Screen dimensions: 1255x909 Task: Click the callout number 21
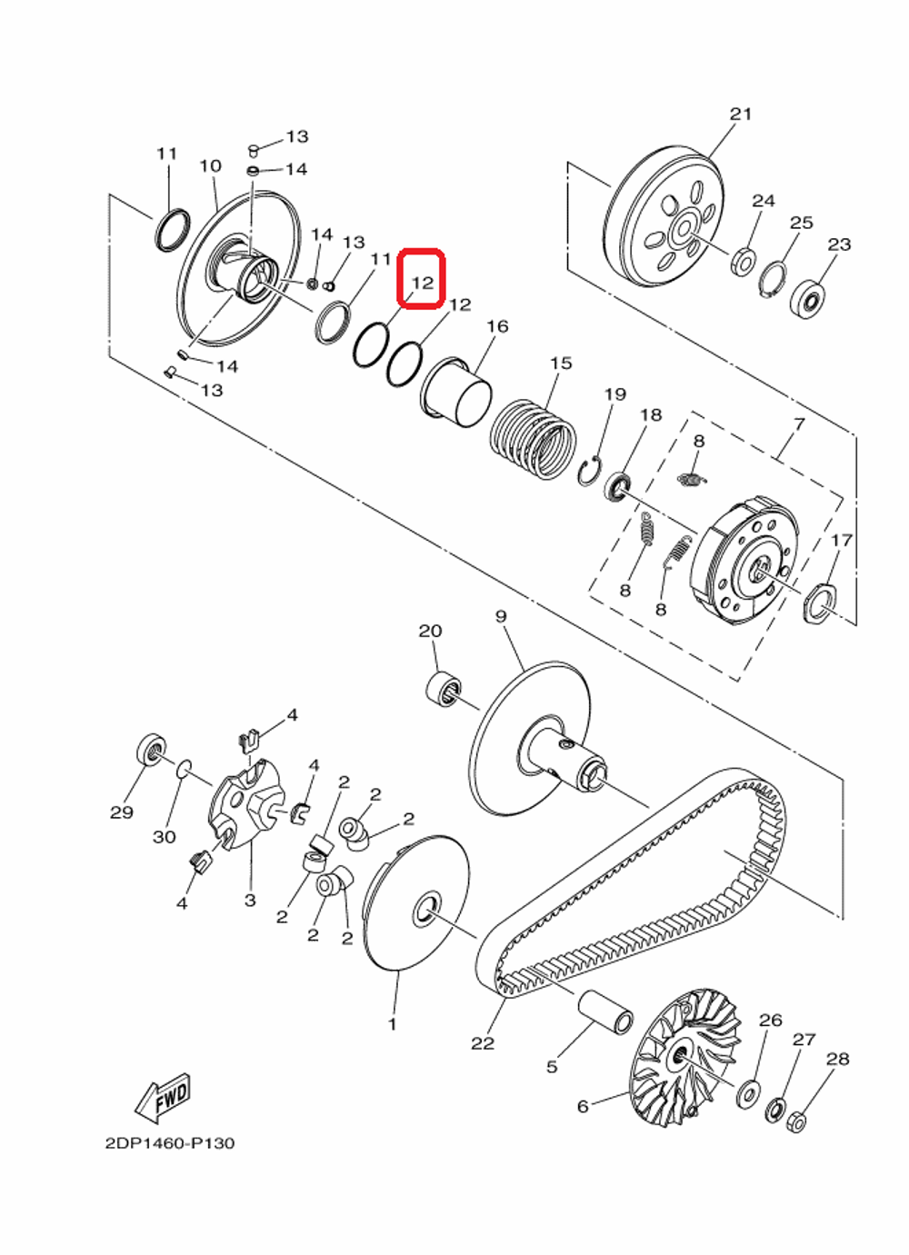[741, 114]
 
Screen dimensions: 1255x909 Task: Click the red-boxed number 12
[422, 282]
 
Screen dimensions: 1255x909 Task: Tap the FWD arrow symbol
[163, 1097]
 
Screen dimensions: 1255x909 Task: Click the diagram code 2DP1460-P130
[169, 1143]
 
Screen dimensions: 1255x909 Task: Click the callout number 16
[497, 326]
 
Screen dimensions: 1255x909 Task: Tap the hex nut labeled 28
[794, 1122]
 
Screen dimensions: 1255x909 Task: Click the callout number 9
[501, 617]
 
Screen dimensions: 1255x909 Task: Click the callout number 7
[799, 424]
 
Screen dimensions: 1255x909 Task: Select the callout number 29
[122, 812]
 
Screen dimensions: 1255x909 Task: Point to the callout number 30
[164, 836]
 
